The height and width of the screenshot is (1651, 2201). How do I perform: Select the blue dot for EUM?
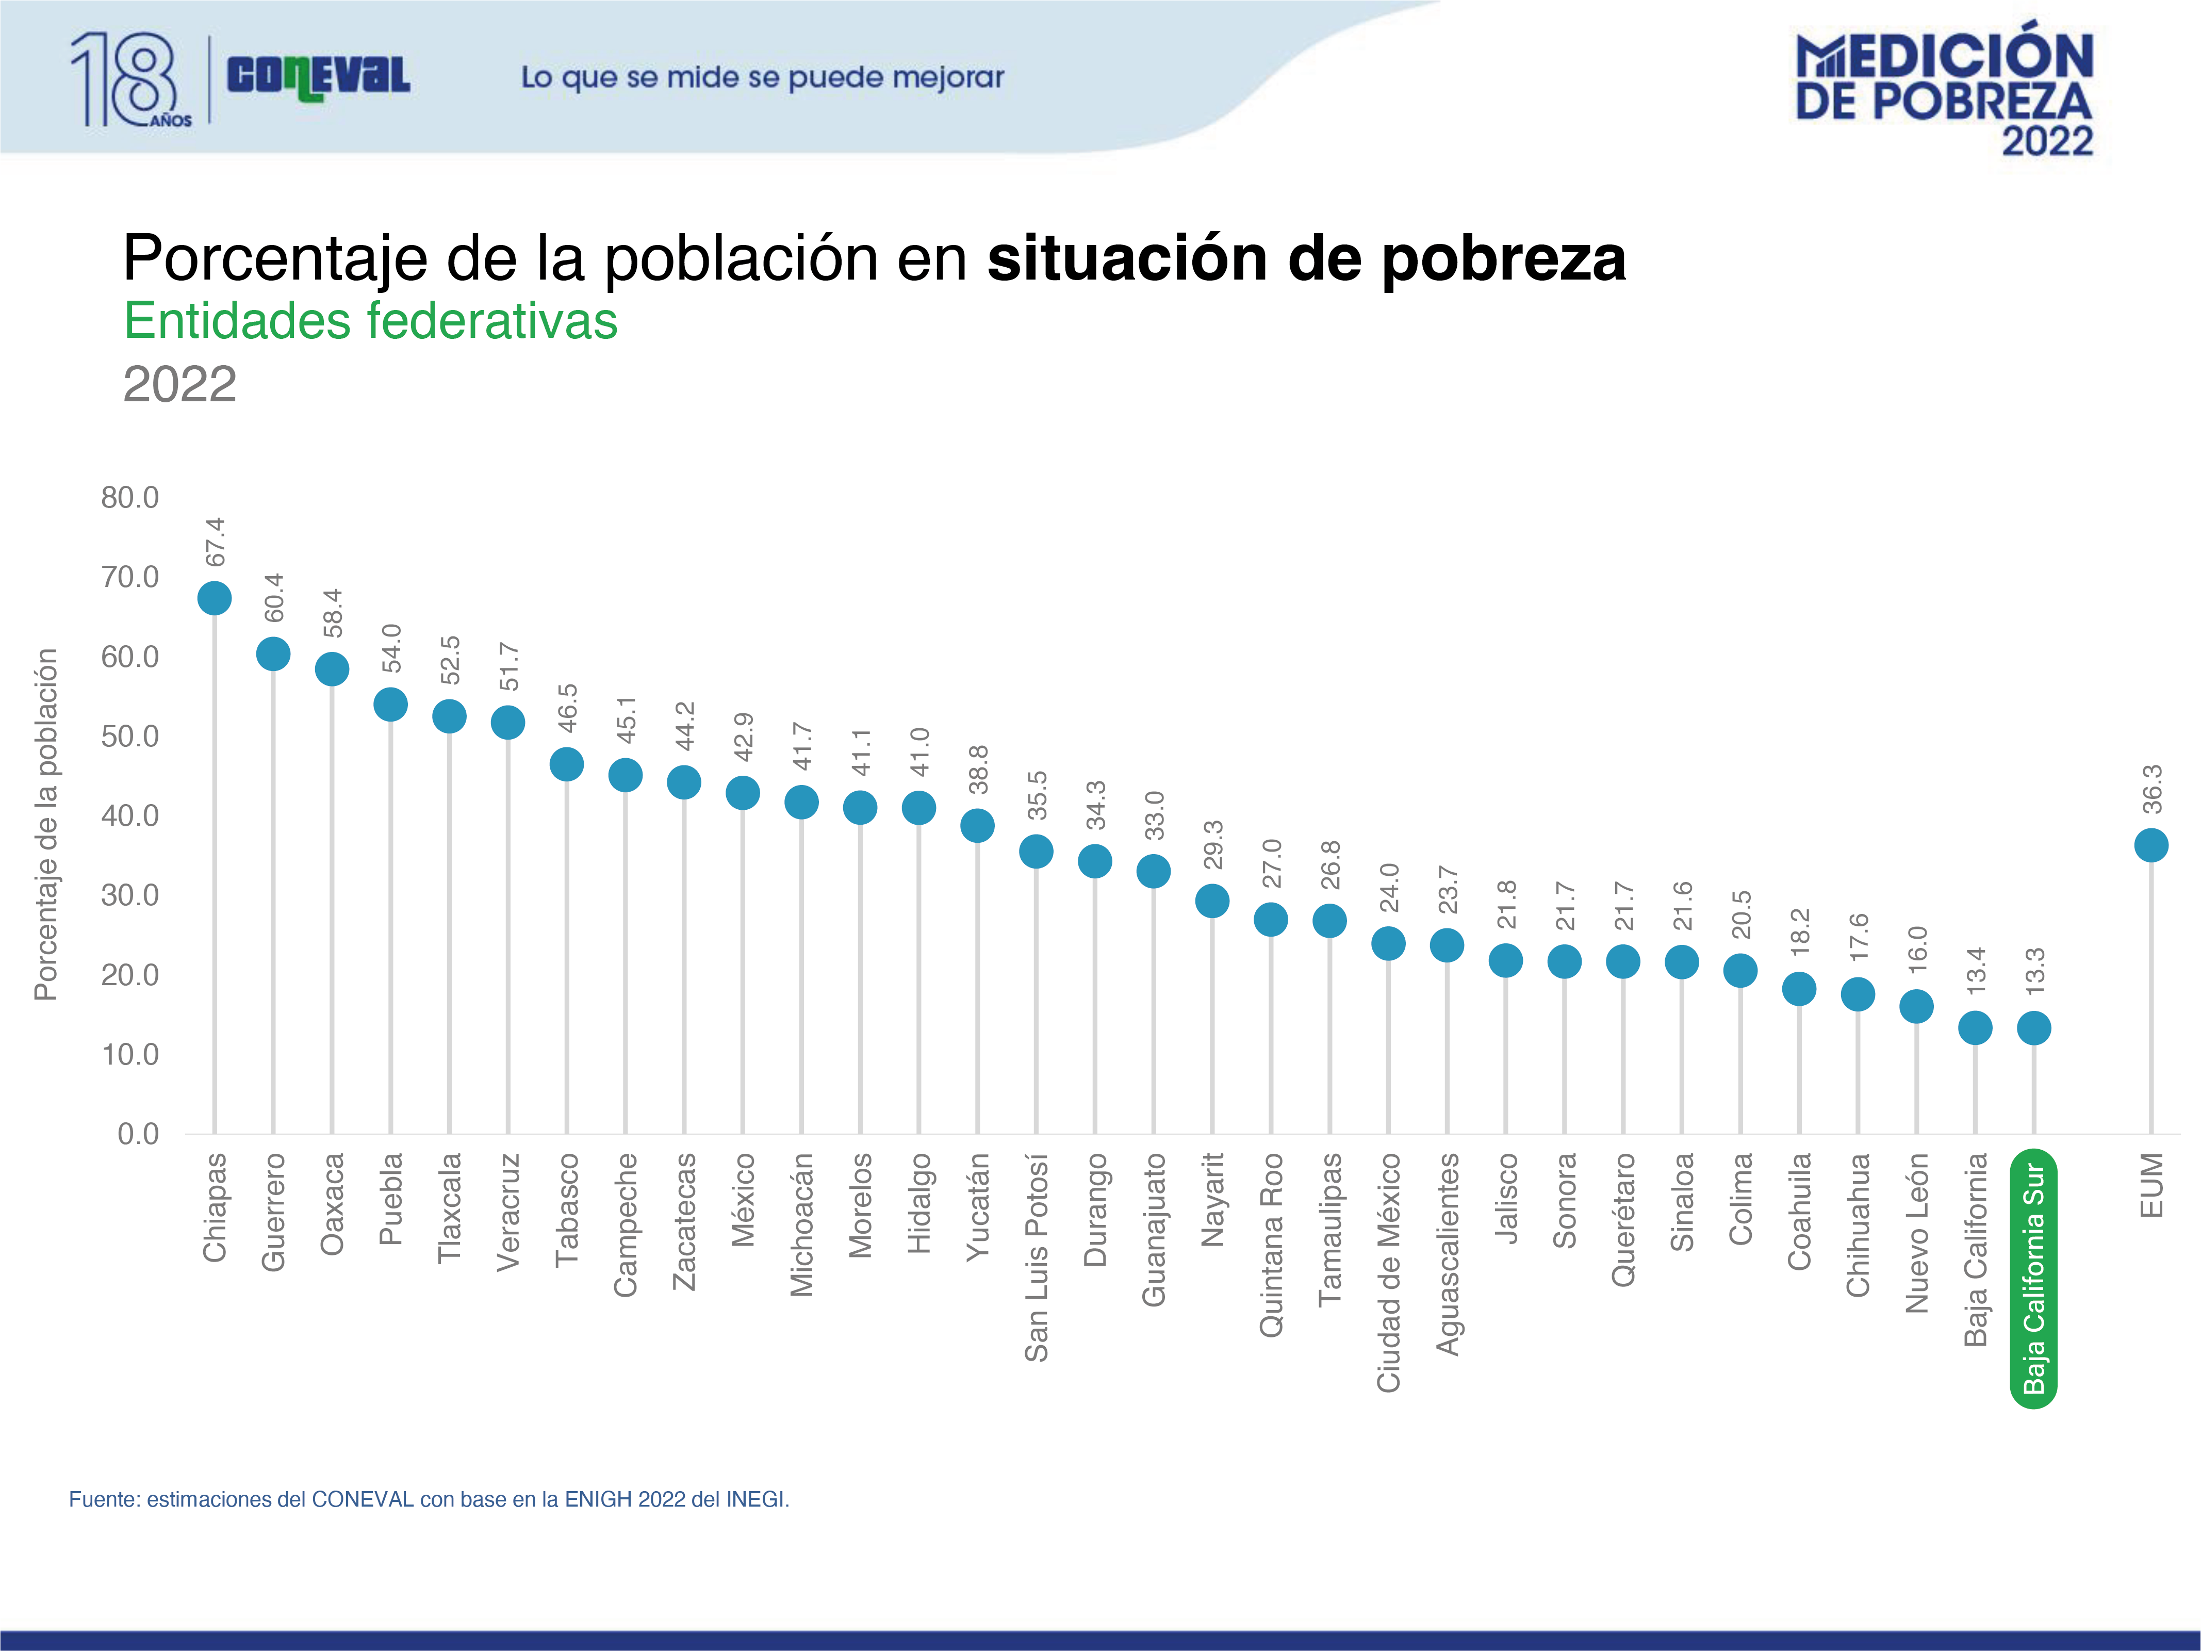click(2151, 845)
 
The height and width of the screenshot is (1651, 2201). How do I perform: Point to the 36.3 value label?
click(2151, 789)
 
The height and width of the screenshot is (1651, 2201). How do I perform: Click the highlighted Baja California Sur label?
click(2034, 1279)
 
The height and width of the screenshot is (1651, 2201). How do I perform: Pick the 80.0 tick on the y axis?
click(129, 498)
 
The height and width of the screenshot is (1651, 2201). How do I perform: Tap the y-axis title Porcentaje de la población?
click(46, 824)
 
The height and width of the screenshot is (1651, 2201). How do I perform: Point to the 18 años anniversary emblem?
click(129, 79)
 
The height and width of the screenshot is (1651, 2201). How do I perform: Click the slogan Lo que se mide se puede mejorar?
click(762, 77)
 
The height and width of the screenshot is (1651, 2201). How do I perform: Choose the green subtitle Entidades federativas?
click(370, 320)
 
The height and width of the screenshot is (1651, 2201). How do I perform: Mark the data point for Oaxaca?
click(332, 669)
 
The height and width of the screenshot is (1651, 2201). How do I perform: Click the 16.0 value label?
click(1916, 950)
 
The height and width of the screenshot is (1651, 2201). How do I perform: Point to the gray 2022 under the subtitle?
click(180, 384)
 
